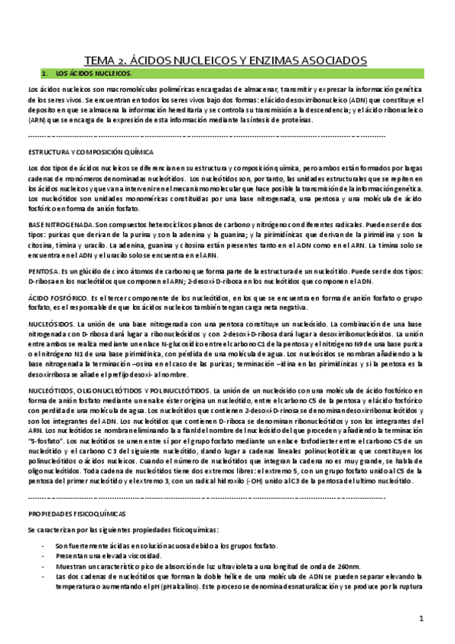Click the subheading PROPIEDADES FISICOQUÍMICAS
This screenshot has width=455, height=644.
(x=77, y=513)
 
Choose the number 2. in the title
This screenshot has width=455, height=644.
(x=125, y=60)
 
